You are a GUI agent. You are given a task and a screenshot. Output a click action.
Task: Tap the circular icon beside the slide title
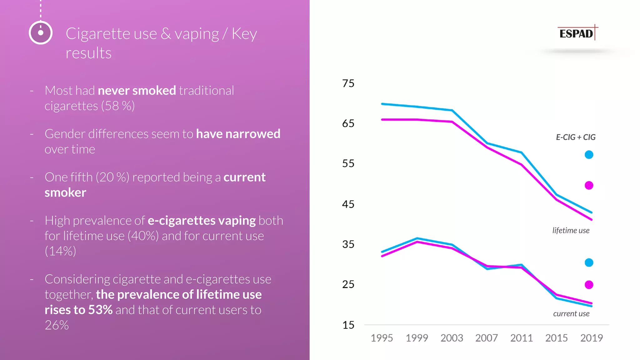[41, 33]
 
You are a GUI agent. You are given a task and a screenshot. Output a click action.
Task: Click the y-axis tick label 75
[348, 83]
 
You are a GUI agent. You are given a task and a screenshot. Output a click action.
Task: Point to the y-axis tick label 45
[348, 204]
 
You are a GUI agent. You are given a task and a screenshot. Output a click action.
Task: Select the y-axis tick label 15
[348, 325]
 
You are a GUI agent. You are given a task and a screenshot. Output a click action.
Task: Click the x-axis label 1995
[382, 338]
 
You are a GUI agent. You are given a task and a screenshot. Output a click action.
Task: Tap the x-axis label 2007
[487, 338]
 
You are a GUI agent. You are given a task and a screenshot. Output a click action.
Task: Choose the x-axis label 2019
[591, 338]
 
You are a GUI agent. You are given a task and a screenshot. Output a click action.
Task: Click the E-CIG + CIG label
[576, 137]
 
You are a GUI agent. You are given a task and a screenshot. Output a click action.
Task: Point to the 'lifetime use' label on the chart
[571, 231]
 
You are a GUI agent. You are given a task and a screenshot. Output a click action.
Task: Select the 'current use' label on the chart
[571, 314]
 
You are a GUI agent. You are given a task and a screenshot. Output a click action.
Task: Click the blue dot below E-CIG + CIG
[589, 155]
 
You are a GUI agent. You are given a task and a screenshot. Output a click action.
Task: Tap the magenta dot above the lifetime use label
[589, 185]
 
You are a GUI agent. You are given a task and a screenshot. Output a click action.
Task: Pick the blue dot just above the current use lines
[589, 262]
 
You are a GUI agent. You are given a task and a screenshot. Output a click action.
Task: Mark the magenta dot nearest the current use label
[589, 285]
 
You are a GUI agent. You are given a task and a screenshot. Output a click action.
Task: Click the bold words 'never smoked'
[137, 91]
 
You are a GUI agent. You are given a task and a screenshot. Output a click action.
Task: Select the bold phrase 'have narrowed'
[238, 134]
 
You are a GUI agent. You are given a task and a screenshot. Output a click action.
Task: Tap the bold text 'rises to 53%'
[78, 310]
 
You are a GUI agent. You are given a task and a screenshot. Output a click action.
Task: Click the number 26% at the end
[57, 325]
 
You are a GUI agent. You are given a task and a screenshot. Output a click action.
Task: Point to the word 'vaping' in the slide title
[197, 34]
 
